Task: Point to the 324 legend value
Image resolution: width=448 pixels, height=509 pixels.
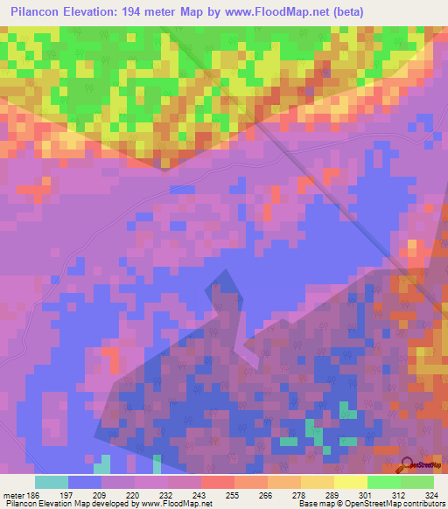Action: click(431, 495)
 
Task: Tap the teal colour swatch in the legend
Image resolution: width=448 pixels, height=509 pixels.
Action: click(51, 482)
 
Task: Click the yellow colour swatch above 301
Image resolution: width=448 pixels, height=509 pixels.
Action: click(350, 482)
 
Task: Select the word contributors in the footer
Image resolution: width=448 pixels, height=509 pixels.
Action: click(424, 505)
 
